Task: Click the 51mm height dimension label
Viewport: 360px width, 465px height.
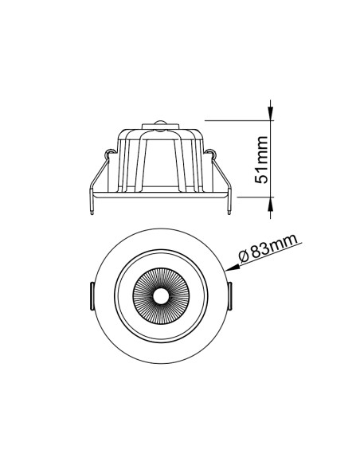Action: [261, 160]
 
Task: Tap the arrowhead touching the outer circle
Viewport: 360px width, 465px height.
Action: [232, 268]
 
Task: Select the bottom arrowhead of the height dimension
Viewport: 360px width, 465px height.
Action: [270, 205]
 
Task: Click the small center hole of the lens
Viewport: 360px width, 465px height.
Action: [160, 296]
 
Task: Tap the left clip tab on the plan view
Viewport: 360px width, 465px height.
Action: [92, 296]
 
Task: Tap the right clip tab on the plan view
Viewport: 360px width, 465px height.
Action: [229, 296]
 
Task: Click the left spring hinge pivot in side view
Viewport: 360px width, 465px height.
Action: [110, 153]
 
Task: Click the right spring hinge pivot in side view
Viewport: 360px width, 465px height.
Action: [212, 153]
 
